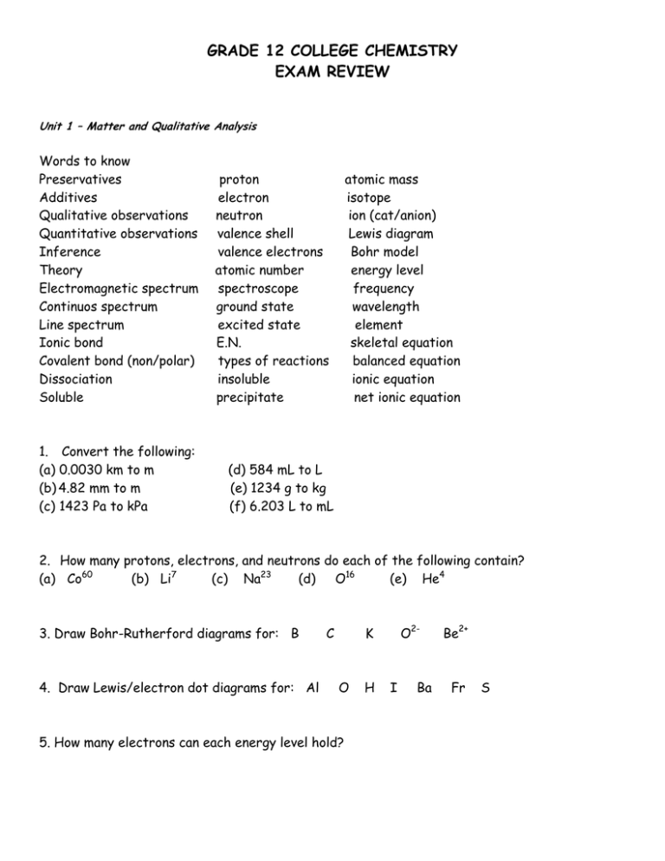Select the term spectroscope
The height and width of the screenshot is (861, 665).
[x=258, y=288]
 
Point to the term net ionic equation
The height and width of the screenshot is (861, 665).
[x=407, y=398]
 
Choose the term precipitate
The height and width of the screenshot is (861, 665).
[x=250, y=398]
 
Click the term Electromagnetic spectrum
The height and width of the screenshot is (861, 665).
[x=119, y=288]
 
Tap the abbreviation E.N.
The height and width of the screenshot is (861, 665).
[x=229, y=343]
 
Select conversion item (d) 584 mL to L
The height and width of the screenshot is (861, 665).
[x=275, y=470]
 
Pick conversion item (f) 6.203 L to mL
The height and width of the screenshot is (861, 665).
[x=282, y=507]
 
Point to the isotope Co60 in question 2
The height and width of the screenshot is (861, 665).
[x=73, y=578]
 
